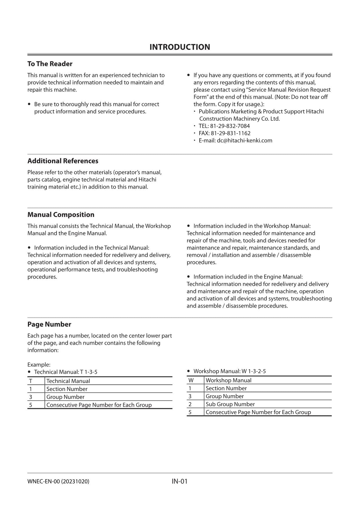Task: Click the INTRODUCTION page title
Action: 180,47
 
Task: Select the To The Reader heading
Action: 50,64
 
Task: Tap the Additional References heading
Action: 63,161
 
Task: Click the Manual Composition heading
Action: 61,214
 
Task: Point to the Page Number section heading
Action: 49,324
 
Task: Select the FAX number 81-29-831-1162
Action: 230,133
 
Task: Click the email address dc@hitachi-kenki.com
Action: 244,140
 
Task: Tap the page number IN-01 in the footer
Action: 180,481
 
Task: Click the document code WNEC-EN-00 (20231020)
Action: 58,481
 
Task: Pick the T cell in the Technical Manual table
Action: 30,381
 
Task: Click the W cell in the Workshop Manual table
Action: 191,380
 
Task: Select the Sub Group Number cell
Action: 230,404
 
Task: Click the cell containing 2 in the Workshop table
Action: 190,404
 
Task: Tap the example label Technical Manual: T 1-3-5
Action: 66,372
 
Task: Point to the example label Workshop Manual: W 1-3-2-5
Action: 229,371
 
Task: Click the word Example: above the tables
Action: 39,364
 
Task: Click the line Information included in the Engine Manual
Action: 248,277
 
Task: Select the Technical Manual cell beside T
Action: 68,381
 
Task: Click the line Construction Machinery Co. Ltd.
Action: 239,119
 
